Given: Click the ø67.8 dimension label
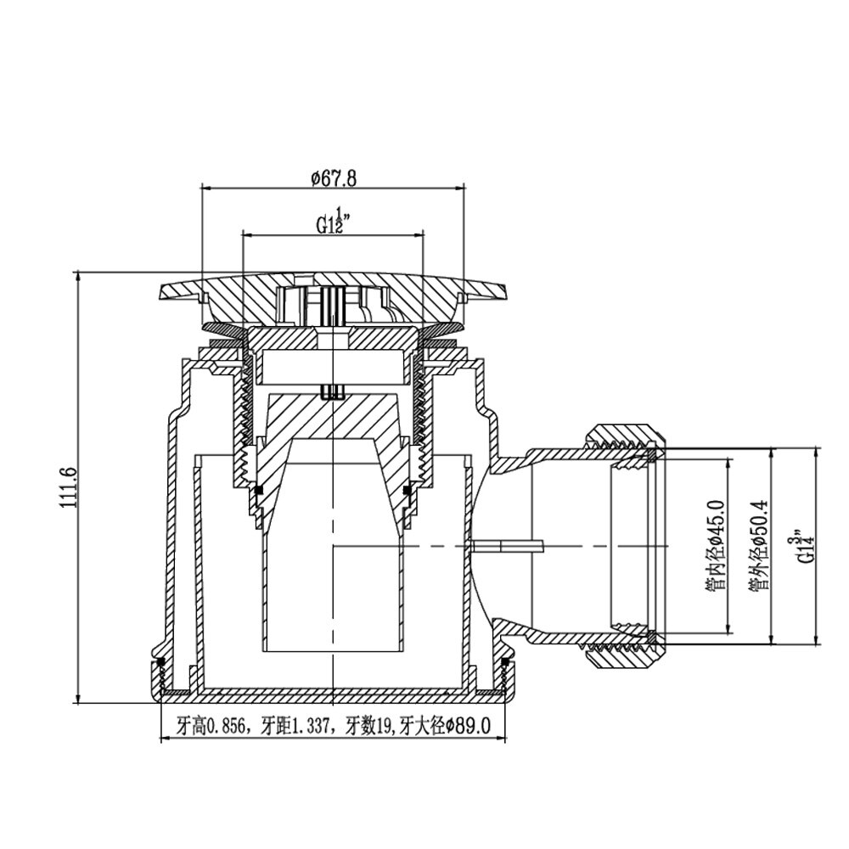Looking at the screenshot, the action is tap(334, 178).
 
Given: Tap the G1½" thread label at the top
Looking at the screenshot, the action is tap(333, 219).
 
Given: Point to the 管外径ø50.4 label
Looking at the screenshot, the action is tap(759, 544).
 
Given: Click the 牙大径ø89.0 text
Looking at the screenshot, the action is tap(444, 726).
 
